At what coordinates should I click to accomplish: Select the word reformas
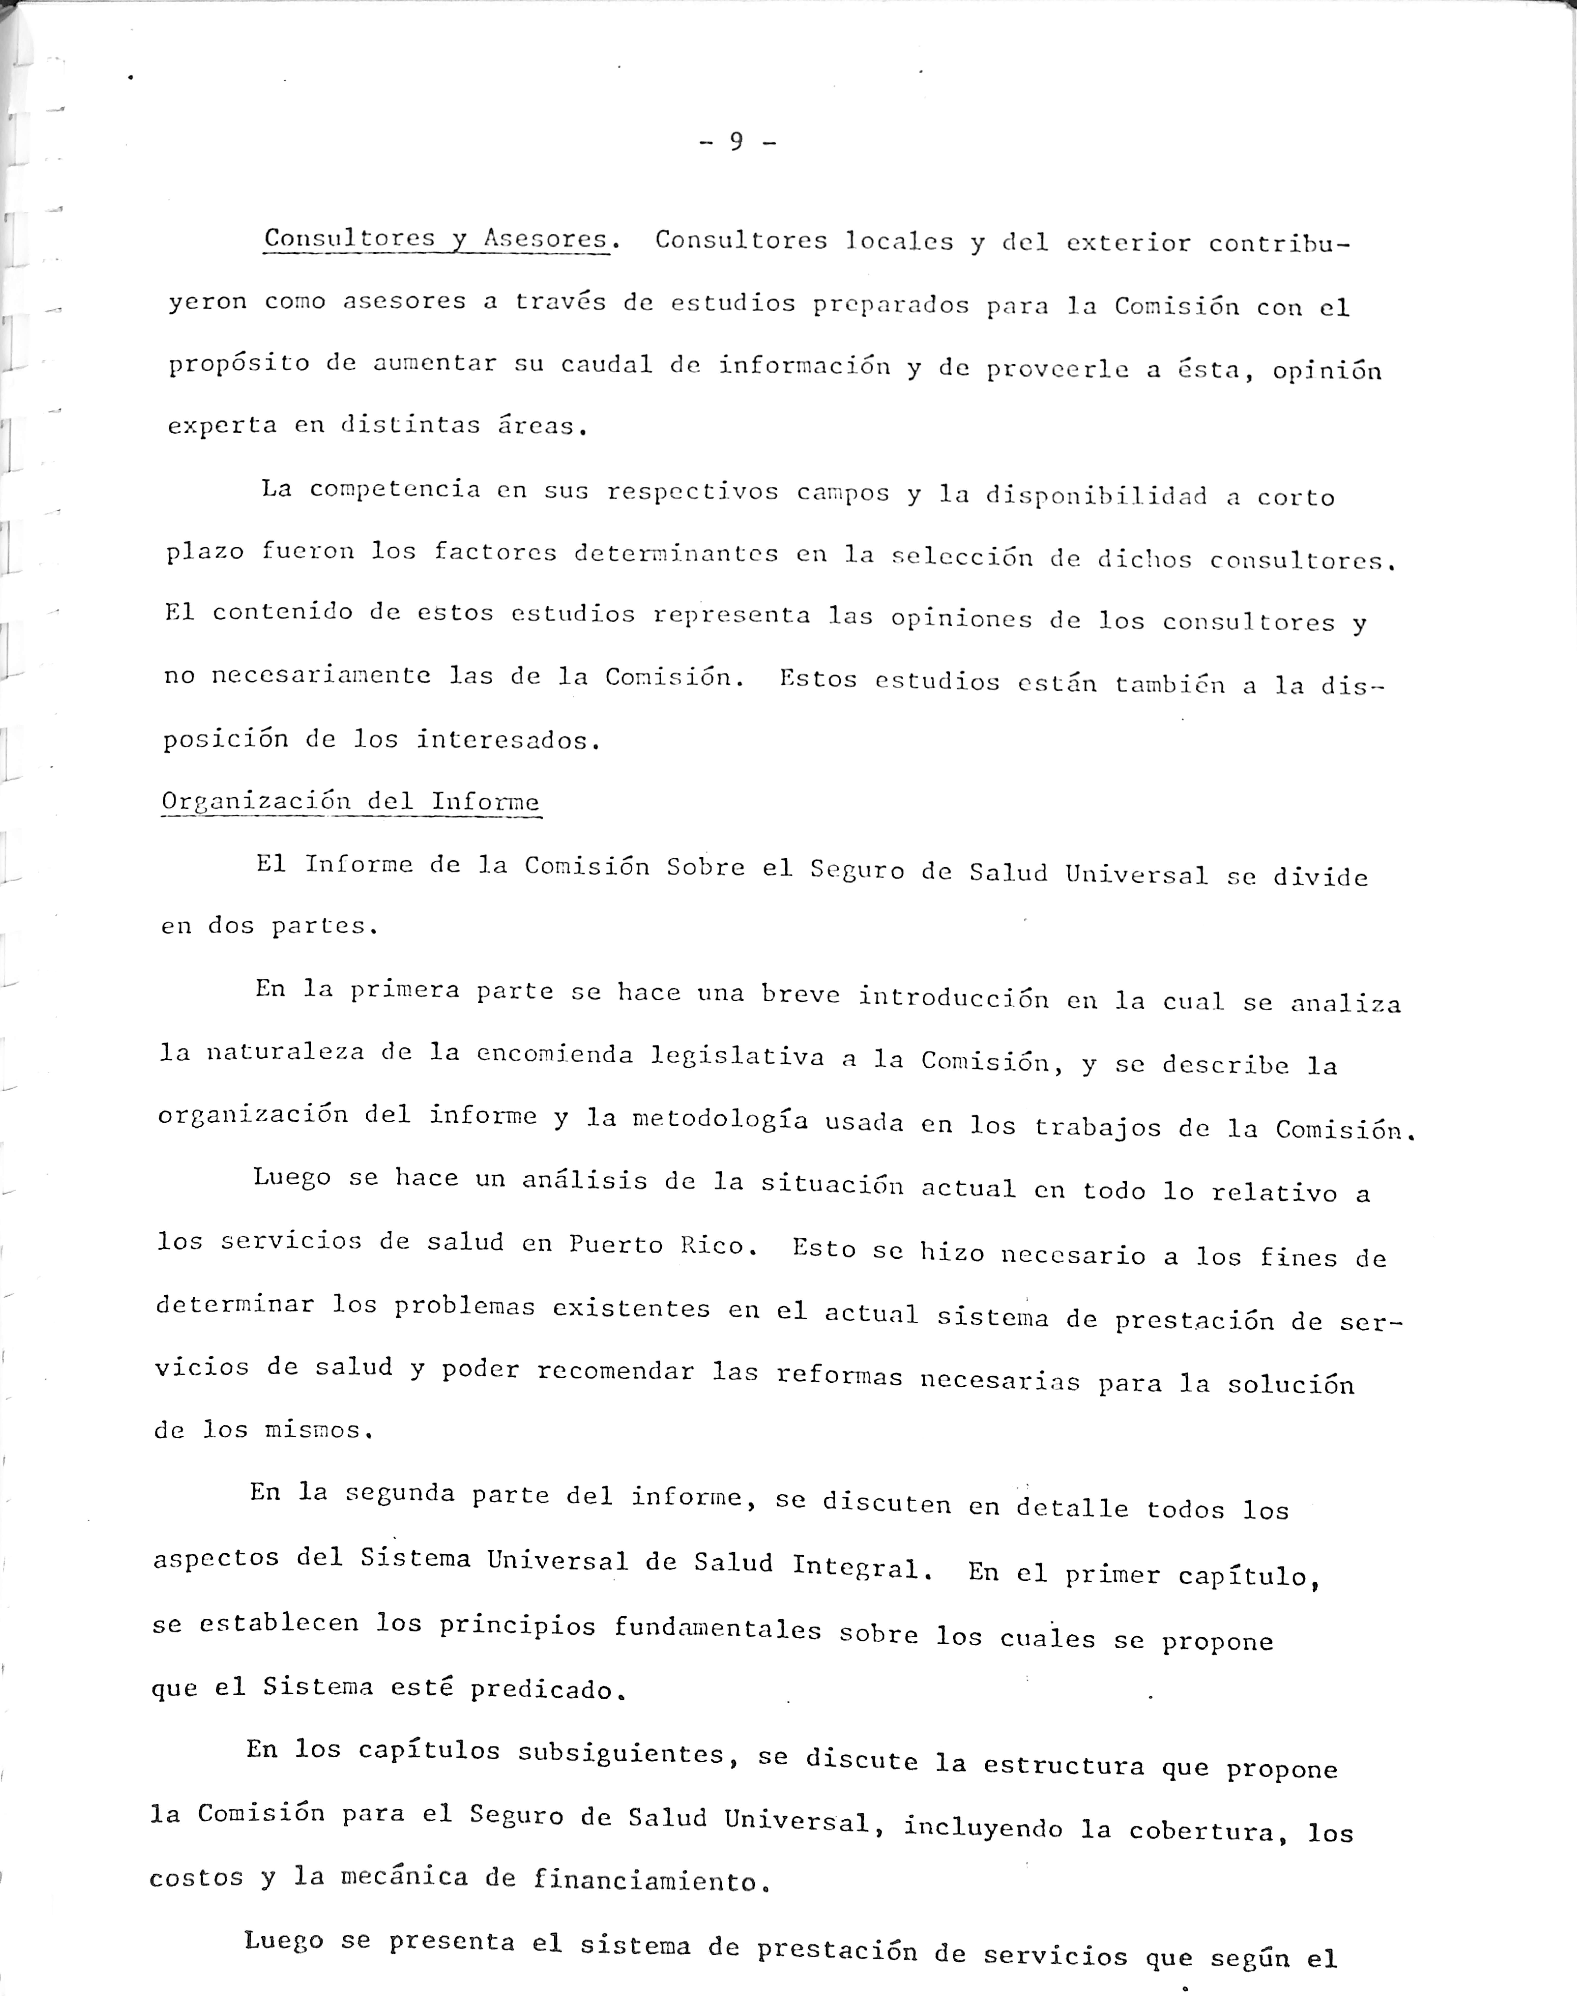point(838,1376)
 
